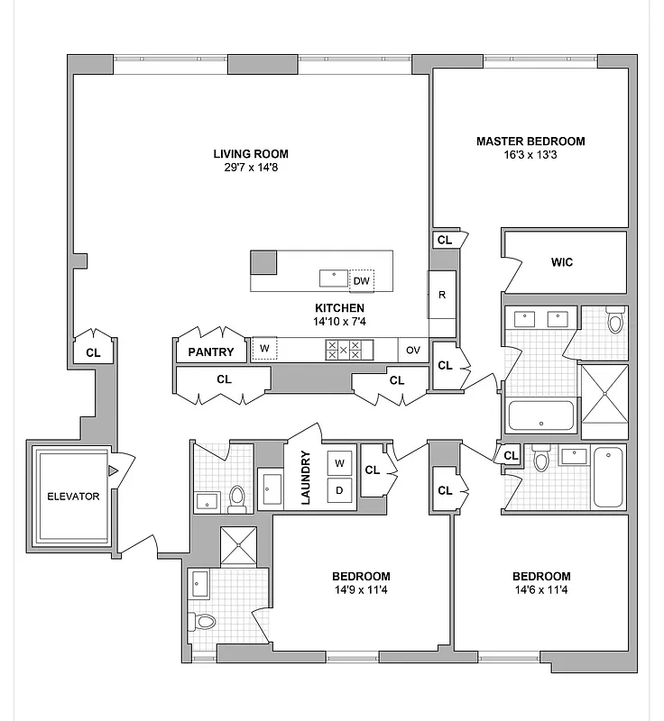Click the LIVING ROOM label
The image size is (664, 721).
(251, 153)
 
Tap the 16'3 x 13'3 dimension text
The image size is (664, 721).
(530, 155)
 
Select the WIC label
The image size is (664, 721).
(562, 263)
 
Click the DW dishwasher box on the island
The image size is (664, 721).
(361, 280)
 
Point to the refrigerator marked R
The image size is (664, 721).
(442, 295)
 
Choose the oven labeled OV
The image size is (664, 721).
(413, 350)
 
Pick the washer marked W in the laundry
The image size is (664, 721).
(340, 463)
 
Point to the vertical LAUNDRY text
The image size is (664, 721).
(305, 478)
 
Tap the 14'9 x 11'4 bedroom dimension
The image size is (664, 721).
(361, 590)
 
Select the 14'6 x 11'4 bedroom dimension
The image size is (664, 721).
(541, 590)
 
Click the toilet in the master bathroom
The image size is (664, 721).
(615, 320)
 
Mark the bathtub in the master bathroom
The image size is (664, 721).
(541, 416)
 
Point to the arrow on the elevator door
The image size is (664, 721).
(113, 470)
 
